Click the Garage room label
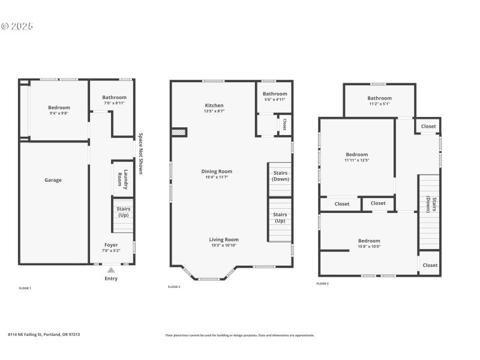pyautogui.click(x=53, y=180)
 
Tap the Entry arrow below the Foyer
pyautogui.click(x=111, y=271)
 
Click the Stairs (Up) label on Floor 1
pyautogui.click(x=124, y=212)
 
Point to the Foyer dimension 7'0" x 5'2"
pyautogui.click(x=111, y=251)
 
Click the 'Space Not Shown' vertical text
pyautogui.click(x=140, y=154)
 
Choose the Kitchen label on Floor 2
pyautogui.click(x=214, y=106)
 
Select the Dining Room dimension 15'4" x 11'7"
pyautogui.click(x=217, y=178)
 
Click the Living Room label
pyautogui.click(x=224, y=239)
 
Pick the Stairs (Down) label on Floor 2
pyautogui.click(x=280, y=176)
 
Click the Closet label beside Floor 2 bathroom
pyautogui.click(x=284, y=124)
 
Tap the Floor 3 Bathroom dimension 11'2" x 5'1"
pyautogui.click(x=379, y=104)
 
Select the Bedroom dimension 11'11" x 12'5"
pyautogui.click(x=356, y=160)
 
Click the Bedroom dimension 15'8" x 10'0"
pyautogui.click(x=369, y=246)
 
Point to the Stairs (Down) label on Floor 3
pyautogui.click(x=429, y=204)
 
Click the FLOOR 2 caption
pyautogui.click(x=174, y=287)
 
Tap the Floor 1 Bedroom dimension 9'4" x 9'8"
pyautogui.click(x=59, y=113)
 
